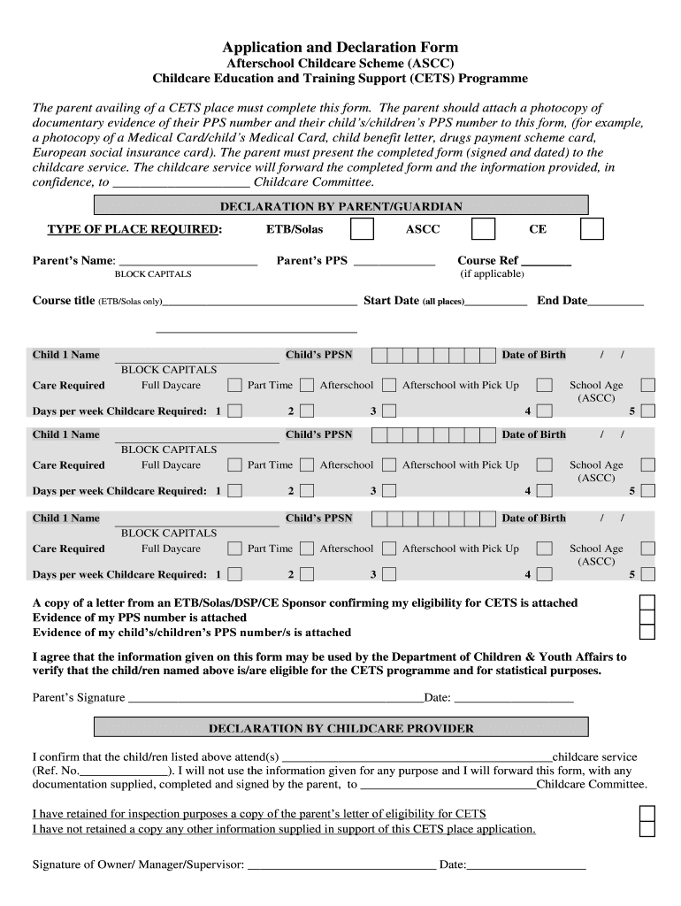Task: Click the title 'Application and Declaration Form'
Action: click(x=340, y=47)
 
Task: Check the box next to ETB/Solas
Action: click(x=362, y=229)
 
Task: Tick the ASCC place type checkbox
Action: click(x=483, y=229)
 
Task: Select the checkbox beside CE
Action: click(x=592, y=229)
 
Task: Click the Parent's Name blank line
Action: click(x=187, y=263)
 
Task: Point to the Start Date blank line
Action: click(x=496, y=303)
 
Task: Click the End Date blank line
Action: click(x=616, y=303)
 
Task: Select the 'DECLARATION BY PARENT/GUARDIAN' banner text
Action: click(x=340, y=206)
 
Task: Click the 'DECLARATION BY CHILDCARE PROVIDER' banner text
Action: click(x=340, y=728)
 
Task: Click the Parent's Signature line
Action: click(x=276, y=699)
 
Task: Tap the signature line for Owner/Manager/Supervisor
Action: click(x=341, y=865)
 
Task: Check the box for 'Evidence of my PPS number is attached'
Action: click(x=647, y=617)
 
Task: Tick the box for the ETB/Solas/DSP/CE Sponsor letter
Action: click(x=647, y=602)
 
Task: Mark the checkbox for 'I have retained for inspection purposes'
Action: click(x=647, y=813)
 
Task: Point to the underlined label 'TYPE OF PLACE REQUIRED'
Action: click(x=133, y=229)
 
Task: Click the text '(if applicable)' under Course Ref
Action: click(x=492, y=274)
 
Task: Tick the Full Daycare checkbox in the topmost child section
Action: click(x=234, y=386)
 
